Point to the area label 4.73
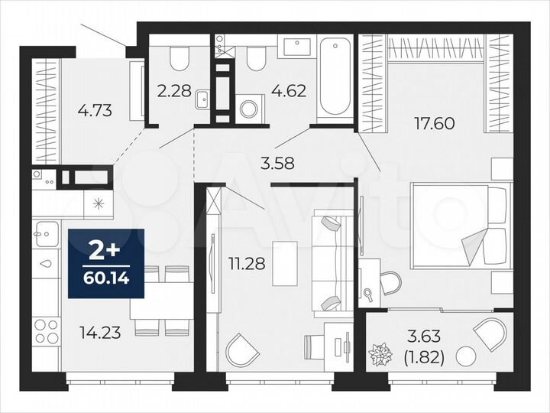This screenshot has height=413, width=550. pos(95,110)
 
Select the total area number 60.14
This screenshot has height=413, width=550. pos(107,272)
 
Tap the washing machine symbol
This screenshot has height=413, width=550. pos(250,107)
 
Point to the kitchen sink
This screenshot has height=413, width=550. pos(45,232)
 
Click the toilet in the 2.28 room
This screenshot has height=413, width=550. pos(179,58)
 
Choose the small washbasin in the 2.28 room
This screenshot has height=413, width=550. pos(203,99)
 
